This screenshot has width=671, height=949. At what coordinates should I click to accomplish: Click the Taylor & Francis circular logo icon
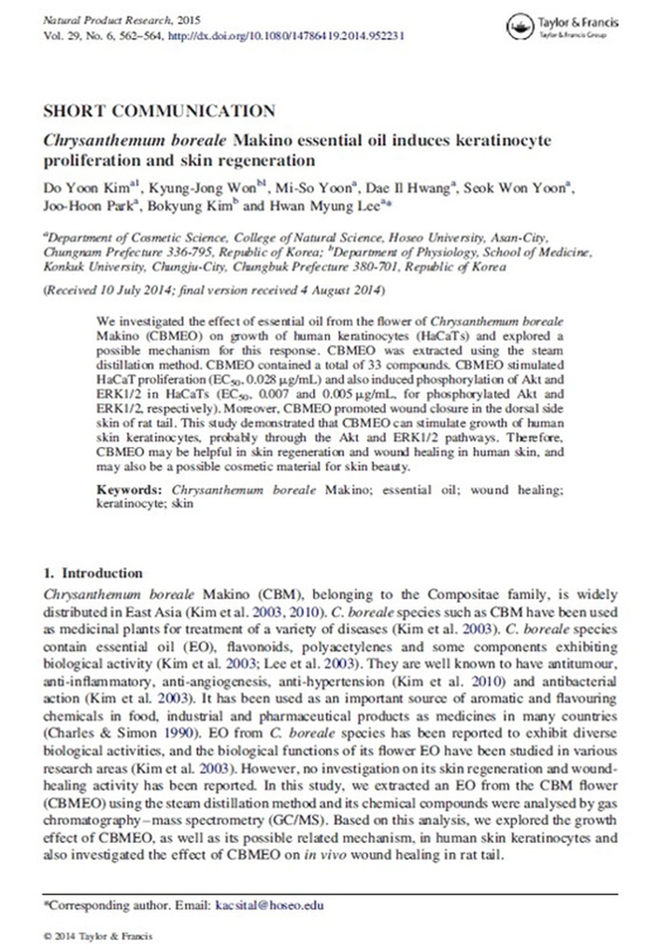pyautogui.click(x=520, y=27)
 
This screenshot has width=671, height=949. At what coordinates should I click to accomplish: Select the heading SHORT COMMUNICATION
pyautogui.click(x=159, y=111)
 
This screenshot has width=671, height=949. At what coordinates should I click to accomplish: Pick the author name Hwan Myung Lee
pyautogui.click(x=324, y=206)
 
